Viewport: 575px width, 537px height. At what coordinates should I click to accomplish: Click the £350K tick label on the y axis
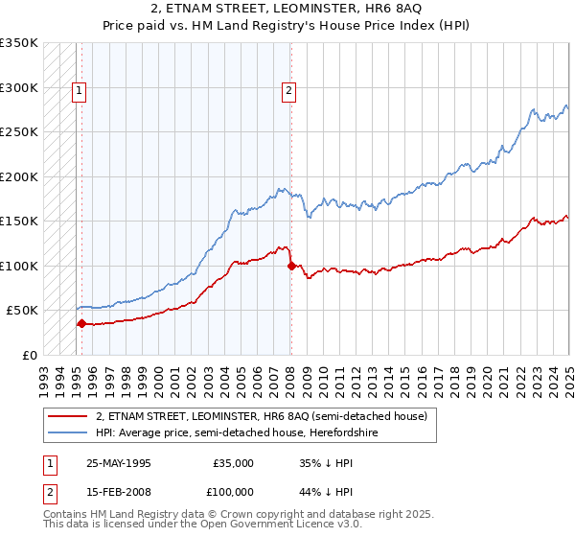coord(19,43)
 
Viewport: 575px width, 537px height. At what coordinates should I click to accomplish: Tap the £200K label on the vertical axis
coord(19,176)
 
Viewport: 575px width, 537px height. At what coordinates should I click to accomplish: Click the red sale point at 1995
coord(81,324)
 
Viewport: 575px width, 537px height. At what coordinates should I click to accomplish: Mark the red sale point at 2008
coord(290,267)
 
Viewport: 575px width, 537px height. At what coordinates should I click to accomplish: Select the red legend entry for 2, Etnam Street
coord(266,416)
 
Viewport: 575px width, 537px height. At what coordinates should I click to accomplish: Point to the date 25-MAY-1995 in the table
coord(118,463)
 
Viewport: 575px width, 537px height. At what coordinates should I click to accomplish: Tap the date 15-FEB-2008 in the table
coord(118,491)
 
